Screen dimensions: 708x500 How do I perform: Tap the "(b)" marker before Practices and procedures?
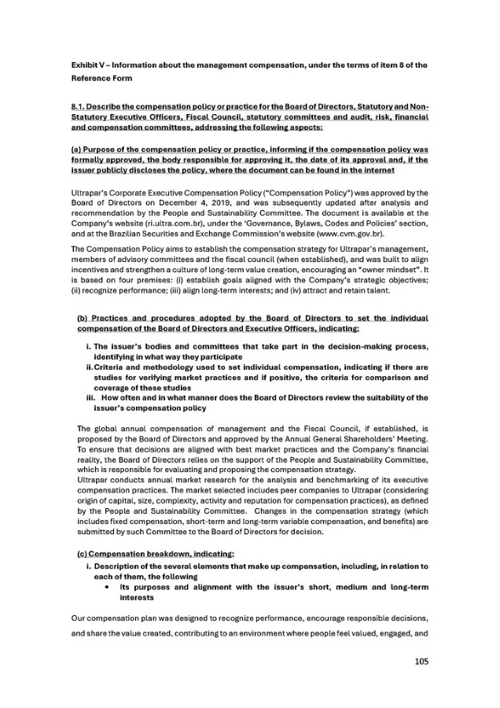pyautogui.click(x=83, y=318)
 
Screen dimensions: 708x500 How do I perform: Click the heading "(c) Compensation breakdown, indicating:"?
pyautogui.click(x=156, y=554)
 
